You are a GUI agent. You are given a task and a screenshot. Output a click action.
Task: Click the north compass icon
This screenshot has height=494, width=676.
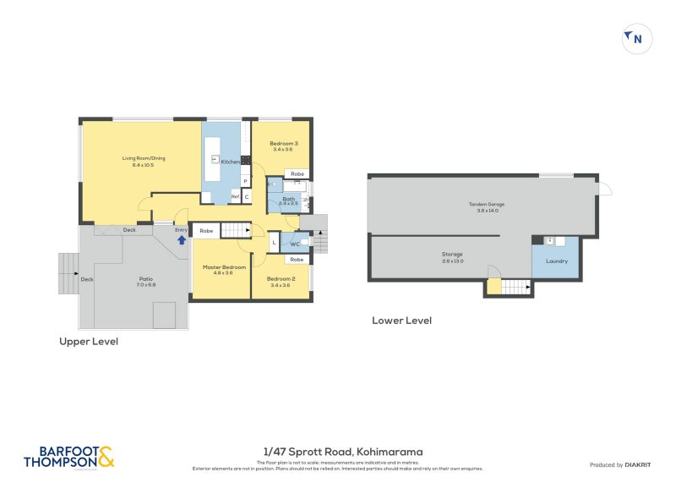[x=636, y=38]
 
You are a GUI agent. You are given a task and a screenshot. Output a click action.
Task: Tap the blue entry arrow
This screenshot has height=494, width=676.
[x=181, y=239]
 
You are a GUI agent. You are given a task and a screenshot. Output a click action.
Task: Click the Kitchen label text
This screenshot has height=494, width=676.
[x=231, y=161]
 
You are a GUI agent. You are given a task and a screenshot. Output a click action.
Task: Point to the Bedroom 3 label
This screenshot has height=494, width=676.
[x=282, y=144]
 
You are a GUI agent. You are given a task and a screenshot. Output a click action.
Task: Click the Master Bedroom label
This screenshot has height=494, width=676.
[x=223, y=267]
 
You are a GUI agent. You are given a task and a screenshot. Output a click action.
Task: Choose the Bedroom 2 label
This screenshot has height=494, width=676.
[x=281, y=279]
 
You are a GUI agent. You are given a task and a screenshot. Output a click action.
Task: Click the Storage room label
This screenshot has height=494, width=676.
[x=452, y=254]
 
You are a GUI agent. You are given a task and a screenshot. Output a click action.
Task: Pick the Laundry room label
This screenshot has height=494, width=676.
[x=556, y=261]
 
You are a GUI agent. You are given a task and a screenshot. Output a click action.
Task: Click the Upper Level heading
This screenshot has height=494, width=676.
[x=88, y=342]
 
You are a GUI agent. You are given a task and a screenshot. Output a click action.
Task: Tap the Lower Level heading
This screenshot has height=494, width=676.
[x=401, y=321]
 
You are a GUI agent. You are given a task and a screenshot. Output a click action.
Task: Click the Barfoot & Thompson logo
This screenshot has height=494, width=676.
[x=68, y=458]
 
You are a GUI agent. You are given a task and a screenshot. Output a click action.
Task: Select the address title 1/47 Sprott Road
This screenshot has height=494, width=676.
[x=342, y=452]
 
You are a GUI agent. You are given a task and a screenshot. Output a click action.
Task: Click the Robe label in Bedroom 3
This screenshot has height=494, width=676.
[x=297, y=174]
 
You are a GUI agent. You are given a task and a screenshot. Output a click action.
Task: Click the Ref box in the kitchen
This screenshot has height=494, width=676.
[x=236, y=196]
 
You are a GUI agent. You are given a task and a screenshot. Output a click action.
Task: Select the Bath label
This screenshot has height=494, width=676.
[x=289, y=199]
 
